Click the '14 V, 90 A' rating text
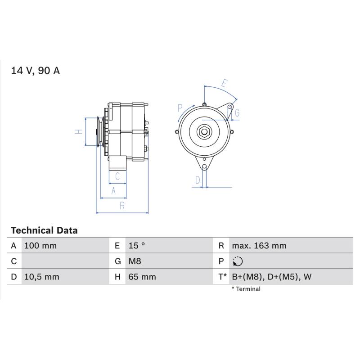pyautogui.click(x=36, y=71)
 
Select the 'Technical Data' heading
pyautogui.click(x=44, y=230)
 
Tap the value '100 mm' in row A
pyautogui.click(x=40, y=246)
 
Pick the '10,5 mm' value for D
pyautogui.click(x=41, y=277)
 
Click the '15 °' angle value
pyautogui.click(x=137, y=246)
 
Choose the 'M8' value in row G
pyautogui.click(x=135, y=261)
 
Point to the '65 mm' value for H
pyautogui.click(x=142, y=277)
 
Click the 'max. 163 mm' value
pyautogui.click(x=259, y=246)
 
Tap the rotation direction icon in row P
pyautogui.click(x=238, y=261)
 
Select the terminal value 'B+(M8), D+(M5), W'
pyautogui.click(x=272, y=277)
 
